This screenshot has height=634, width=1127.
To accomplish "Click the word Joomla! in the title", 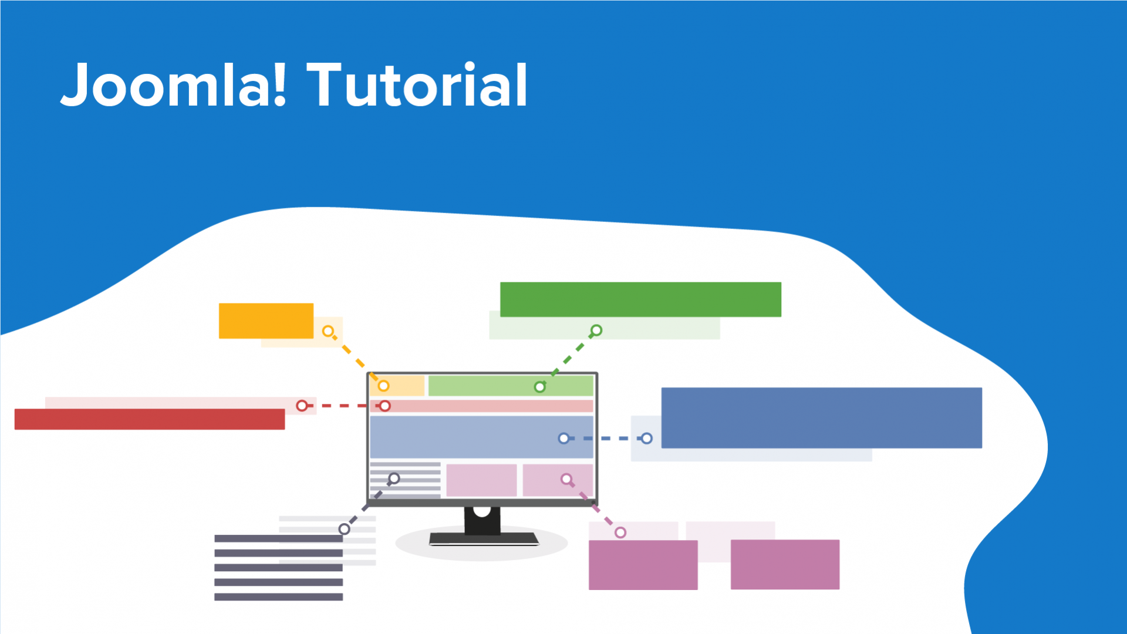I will pyautogui.click(x=173, y=85).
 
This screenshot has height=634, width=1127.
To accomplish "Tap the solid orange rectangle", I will pyautogui.click(x=266, y=321).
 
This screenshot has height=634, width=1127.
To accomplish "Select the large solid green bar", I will pyautogui.click(x=640, y=299).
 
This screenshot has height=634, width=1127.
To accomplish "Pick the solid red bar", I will pyautogui.click(x=150, y=419).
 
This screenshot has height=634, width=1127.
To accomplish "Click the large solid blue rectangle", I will pyautogui.click(x=821, y=417).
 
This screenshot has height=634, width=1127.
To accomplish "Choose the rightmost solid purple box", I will pyautogui.click(x=785, y=564).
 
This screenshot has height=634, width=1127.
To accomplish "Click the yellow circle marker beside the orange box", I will pyautogui.click(x=328, y=332).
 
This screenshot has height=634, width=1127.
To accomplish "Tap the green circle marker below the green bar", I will pyautogui.click(x=596, y=331).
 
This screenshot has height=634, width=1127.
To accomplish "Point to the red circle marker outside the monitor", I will pyautogui.click(x=302, y=406).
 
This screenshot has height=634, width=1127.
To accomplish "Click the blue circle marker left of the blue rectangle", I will pyautogui.click(x=646, y=439).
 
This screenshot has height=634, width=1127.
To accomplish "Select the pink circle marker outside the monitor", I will pyautogui.click(x=620, y=532).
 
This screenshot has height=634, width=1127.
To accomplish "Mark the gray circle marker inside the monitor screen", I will pyautogui.click(x=394, y=478).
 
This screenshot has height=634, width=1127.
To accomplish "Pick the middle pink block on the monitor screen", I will pyautogui.click(x=481, y=480).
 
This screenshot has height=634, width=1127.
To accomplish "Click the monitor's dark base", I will pyautogui.click(x=484, y=538).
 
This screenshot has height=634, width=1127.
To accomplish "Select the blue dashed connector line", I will pyautogui.click(x=605, y=439).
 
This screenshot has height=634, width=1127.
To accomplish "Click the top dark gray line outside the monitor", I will pyautogui.click(x=278, y=538).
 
